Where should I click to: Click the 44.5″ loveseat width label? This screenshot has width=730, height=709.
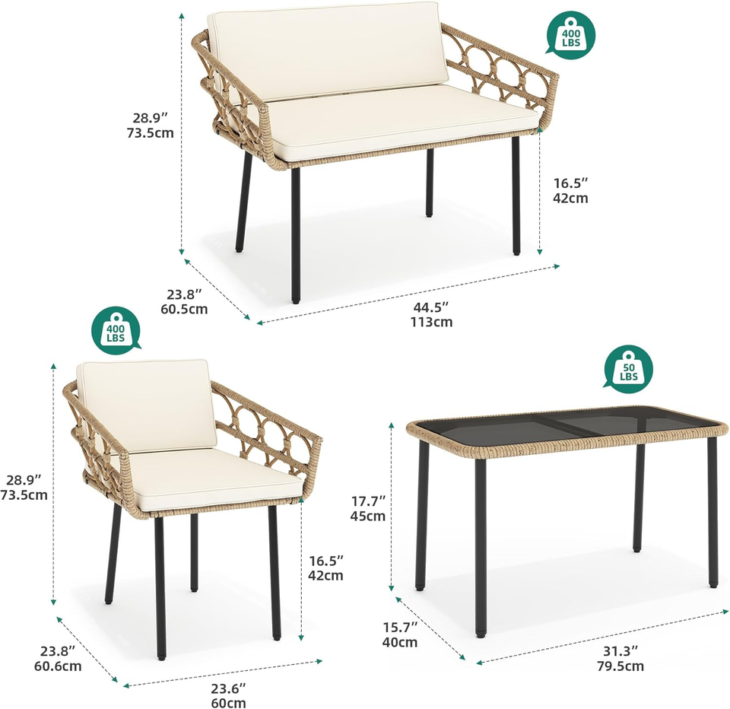[431, 307]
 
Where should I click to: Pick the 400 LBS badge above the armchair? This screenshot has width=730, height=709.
[116, 329]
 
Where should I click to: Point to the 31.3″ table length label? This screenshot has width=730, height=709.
[620, 651]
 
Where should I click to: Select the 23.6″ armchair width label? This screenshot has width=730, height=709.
[228, 688]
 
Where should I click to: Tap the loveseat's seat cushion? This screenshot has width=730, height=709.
[395, 122]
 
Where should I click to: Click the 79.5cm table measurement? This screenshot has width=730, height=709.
[620, 666]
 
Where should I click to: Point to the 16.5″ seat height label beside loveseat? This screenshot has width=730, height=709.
[570, 183]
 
